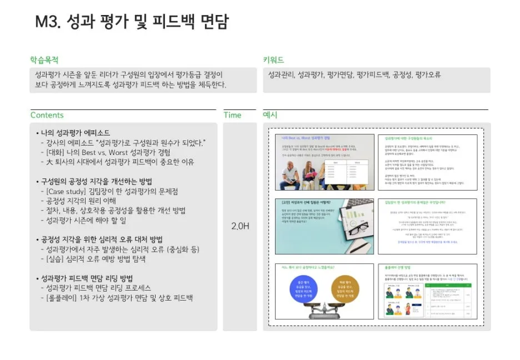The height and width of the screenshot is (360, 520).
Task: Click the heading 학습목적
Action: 44,59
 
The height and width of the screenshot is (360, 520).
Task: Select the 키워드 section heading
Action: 273,59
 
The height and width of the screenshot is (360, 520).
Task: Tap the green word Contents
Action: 47,115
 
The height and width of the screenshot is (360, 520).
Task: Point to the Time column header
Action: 232,115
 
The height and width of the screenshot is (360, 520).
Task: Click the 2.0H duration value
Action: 240,226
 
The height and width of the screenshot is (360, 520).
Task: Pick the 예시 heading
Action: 270,115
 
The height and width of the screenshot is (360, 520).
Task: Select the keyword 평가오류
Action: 428,74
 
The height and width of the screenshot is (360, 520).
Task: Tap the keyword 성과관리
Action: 281,74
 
